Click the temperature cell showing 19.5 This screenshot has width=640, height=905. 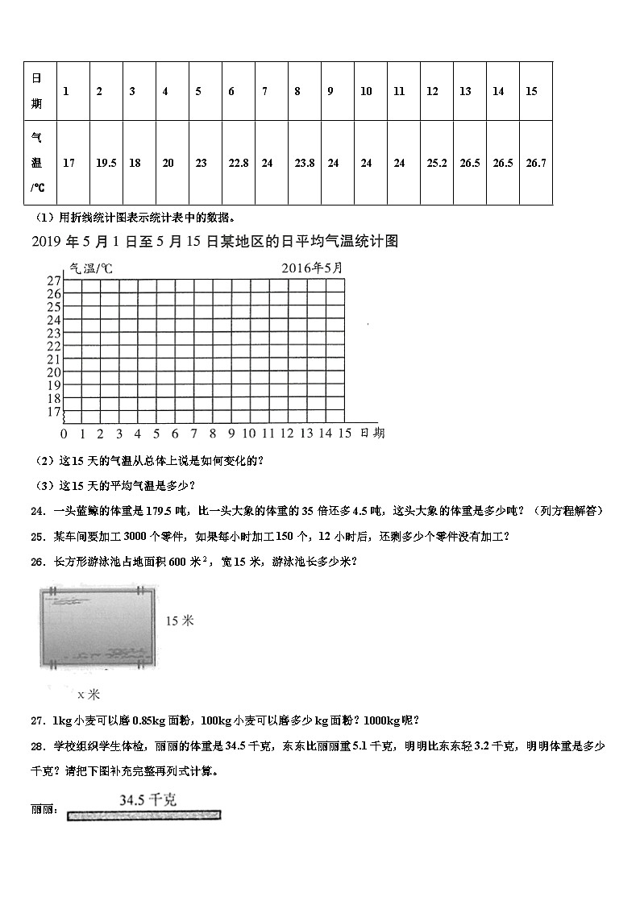[106, 163]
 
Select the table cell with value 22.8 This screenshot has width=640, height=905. [239, 163]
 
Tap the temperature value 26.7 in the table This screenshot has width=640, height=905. [536, 163]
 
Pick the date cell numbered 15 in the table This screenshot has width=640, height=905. [531, 91]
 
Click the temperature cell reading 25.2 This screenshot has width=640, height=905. [437, 163]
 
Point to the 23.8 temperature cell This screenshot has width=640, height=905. [305, 163]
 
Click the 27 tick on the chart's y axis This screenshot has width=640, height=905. [53, 280]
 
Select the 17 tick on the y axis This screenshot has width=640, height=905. [53, 412]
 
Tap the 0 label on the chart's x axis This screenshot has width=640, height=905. [64, 434]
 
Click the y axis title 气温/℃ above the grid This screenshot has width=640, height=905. [91, 268]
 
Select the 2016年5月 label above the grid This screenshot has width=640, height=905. [311, 268]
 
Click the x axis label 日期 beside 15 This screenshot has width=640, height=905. [373, 434]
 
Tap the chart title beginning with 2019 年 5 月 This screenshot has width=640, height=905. [214, 241]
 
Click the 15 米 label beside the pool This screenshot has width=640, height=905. [180, 621]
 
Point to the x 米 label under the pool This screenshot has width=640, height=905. [88, 694]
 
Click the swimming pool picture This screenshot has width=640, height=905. [95, 627]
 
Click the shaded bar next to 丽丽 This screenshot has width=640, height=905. [144, 816]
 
